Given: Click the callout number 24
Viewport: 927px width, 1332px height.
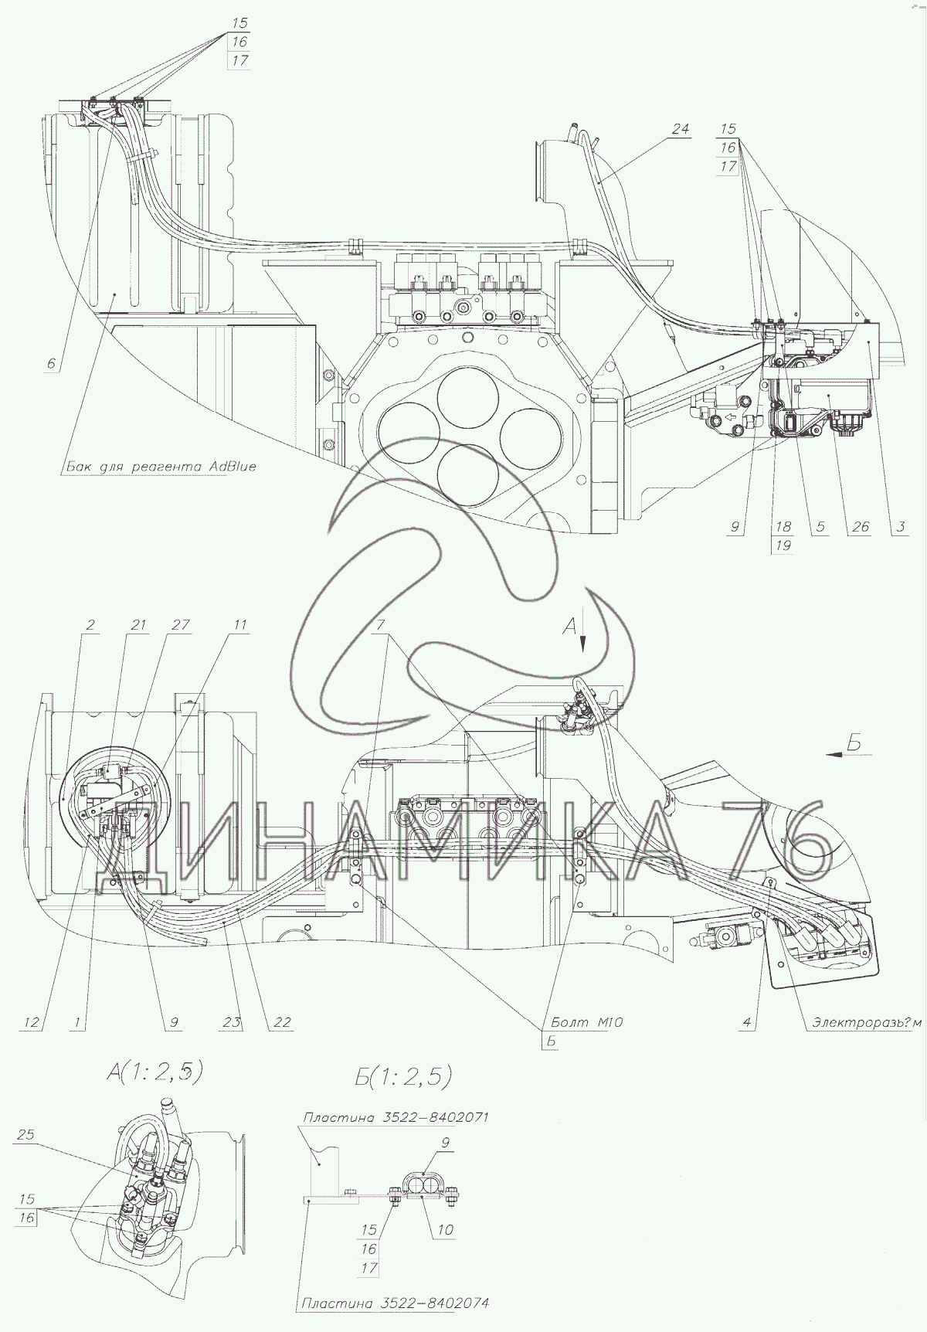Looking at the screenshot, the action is click(x=680, y=129).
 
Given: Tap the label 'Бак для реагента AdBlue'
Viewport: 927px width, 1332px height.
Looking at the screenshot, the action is click(x=159, y=467).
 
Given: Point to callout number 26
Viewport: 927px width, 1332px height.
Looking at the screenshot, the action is click(x=860, y=527).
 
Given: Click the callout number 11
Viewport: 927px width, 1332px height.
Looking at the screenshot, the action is click(x=241, y=625).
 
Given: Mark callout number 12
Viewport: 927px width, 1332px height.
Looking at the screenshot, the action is click(x=30, y=1022).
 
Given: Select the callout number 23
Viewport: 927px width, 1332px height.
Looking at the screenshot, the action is click(x=233, y=1022).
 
